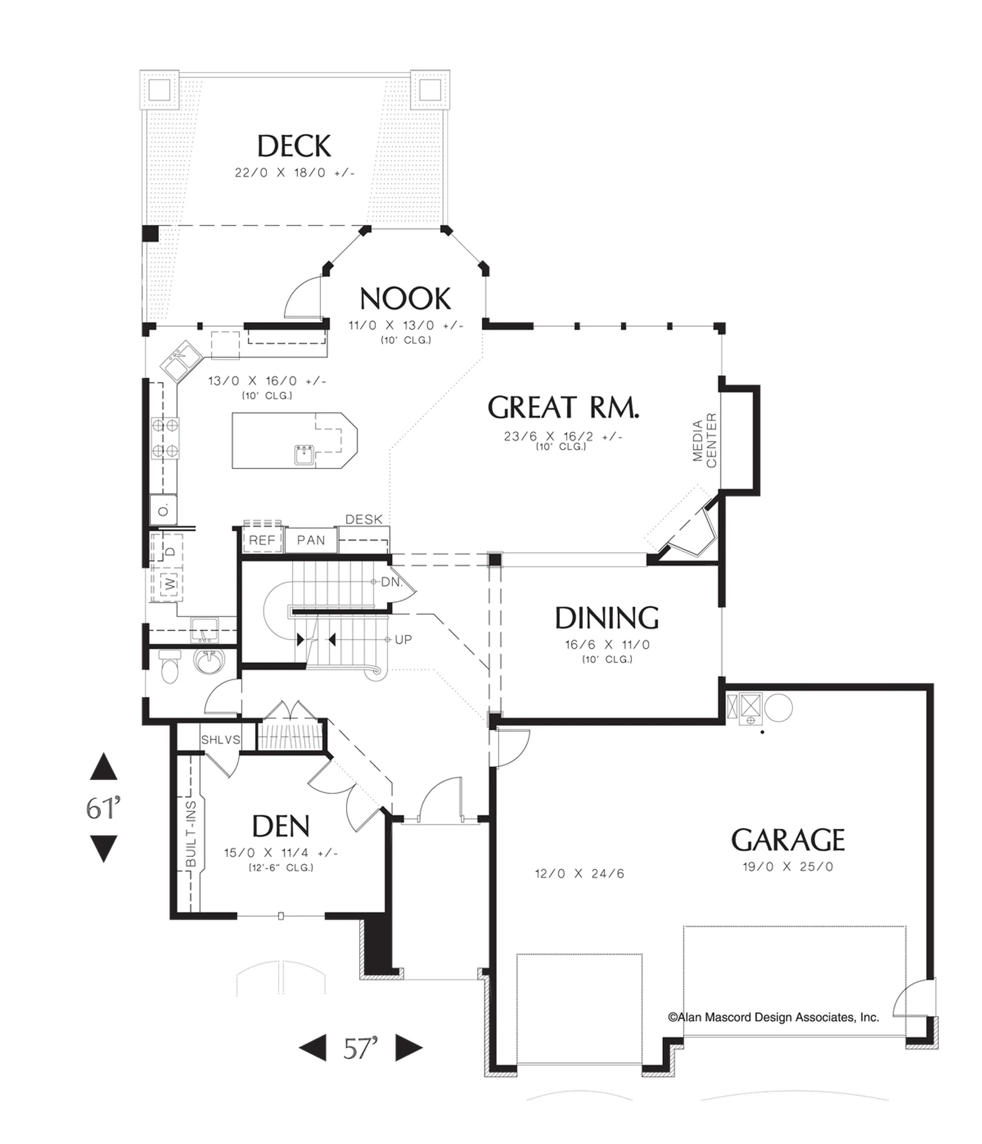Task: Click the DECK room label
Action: (x=294, y=146)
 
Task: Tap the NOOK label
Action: (x=405, y=299)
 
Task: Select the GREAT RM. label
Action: (x=563, y=407)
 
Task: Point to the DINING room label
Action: (x=607, y=618)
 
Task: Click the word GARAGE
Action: (x=788, y=840)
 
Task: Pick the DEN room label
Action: (x=281, y=826)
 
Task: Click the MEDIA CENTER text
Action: (x=704, y=440)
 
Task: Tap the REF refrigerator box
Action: (x=263, y=540)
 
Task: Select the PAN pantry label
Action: (x=311, y=540)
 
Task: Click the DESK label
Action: (x=364, y=519)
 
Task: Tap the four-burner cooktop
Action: (x=165, y=438)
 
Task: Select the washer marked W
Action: (x=170, y=583)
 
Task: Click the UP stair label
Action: (x=403, y=639)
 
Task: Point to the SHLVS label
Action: (x=220, y=740)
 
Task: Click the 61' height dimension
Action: (x=104, y=808)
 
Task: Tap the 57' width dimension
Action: (x=361, y=1048)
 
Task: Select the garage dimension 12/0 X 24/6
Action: (x=579, y=873)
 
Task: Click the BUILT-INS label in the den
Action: (x=192, y=833)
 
